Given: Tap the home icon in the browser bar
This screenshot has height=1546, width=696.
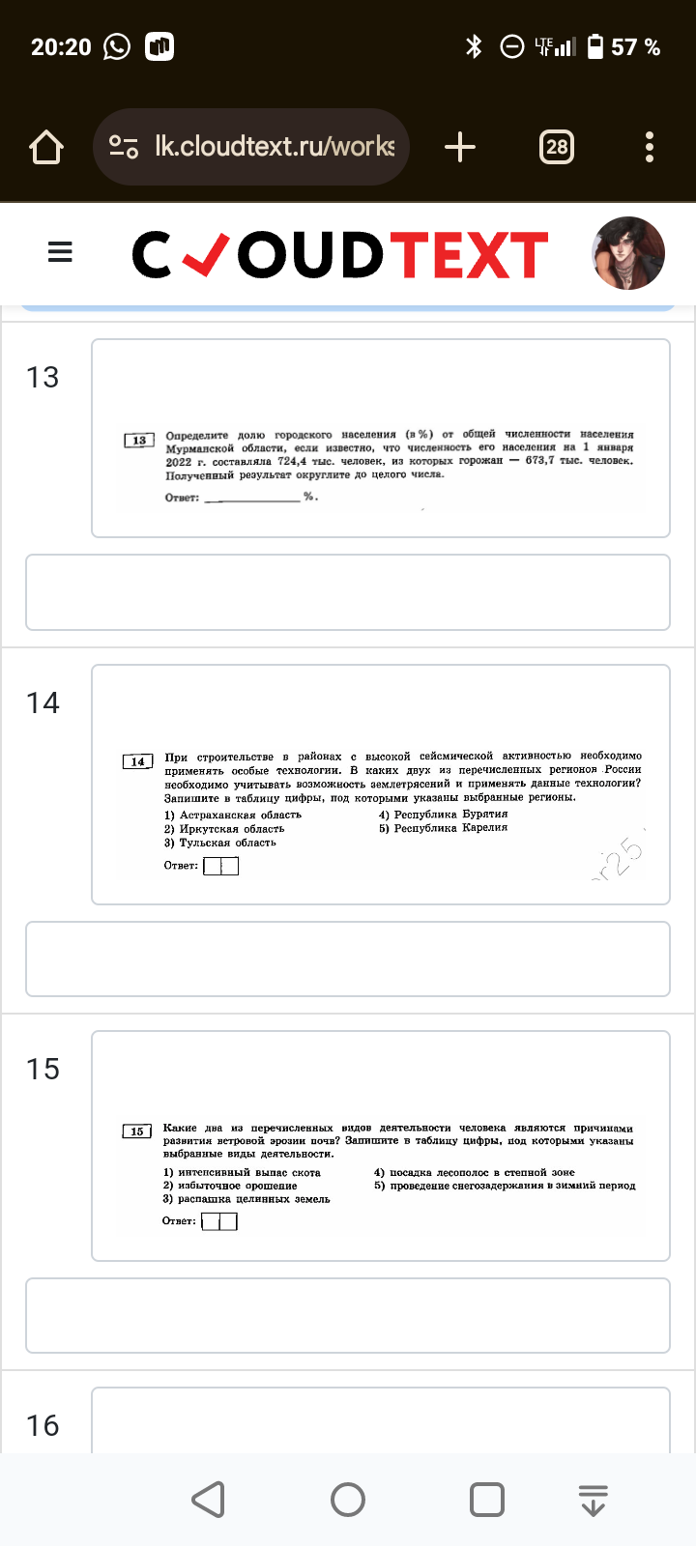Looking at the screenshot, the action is click(x=46, y=147).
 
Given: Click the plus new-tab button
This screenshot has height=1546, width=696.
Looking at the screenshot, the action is click(x=460, y=147).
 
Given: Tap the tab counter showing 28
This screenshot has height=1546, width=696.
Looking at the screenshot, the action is click(x=557, y=147).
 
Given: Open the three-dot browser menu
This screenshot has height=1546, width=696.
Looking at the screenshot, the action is click(x=649, y=147).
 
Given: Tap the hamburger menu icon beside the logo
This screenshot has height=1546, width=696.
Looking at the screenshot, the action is click(x=60, y=252).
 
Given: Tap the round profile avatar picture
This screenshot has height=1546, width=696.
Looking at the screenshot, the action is click(x=628, y=252).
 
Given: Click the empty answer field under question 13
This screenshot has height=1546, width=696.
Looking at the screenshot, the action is click(x=348, y=592).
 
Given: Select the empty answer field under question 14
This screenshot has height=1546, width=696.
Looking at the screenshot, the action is click(x=348, y=959).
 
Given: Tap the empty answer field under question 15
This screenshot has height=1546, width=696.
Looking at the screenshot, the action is click(x=348, y=1315).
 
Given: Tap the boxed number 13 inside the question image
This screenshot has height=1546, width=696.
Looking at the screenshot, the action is click(x=139, y=441).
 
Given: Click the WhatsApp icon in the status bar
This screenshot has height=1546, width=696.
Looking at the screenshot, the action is click(x=117, y=47).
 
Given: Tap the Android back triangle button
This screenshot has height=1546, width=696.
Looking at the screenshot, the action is click(x=208, y=1499).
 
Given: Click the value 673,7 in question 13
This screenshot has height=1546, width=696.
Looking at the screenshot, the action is click(x=539, y=460).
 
